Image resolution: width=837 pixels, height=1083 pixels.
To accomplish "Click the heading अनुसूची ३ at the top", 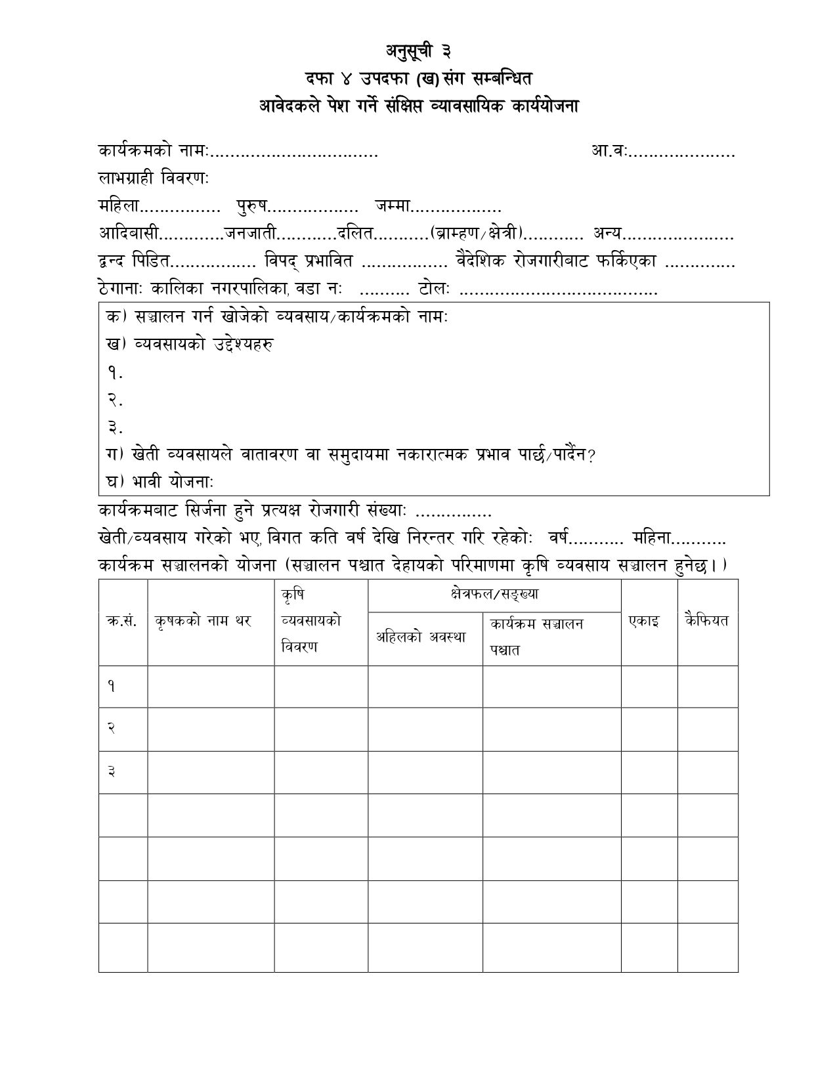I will click(418, 51).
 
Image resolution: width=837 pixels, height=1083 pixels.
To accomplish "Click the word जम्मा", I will click(393, 207).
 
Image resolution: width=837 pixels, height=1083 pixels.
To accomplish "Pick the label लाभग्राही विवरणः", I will click(154, 179).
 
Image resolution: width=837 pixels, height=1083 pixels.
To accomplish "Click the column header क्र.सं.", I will click(122, 622).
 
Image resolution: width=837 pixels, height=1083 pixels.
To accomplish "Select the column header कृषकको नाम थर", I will click(204, 622).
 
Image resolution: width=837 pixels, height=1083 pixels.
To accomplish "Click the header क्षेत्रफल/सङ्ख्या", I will click(494, 595).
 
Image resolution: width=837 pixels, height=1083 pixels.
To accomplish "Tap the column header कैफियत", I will click(706, 620).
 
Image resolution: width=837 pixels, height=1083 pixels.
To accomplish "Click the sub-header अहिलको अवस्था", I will click(421, 637).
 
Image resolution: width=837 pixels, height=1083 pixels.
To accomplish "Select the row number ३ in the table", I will click(112, 772).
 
